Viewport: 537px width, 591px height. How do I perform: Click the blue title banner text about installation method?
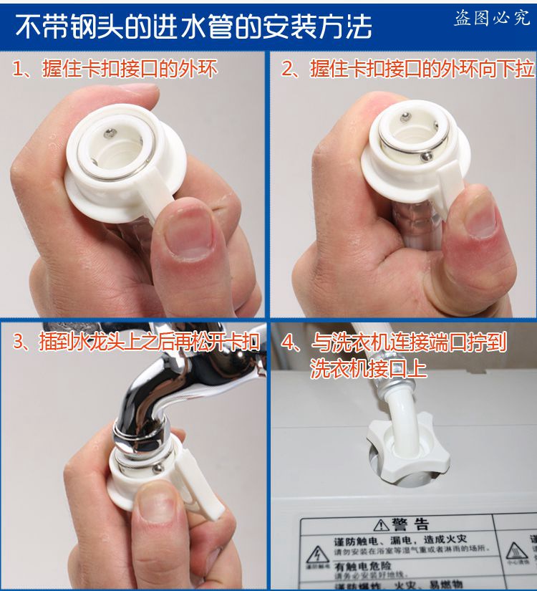click(194, 26)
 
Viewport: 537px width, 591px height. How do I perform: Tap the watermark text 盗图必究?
click(492, 19)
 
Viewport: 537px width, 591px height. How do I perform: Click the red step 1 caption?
click(115, 69)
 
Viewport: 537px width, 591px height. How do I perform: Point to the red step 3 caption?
click(136, 341)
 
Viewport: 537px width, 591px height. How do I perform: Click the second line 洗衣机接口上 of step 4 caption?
click(368, 368)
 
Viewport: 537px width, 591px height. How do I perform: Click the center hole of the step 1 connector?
click(116, 147)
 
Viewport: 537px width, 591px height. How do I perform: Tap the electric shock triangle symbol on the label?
click(314, 554)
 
